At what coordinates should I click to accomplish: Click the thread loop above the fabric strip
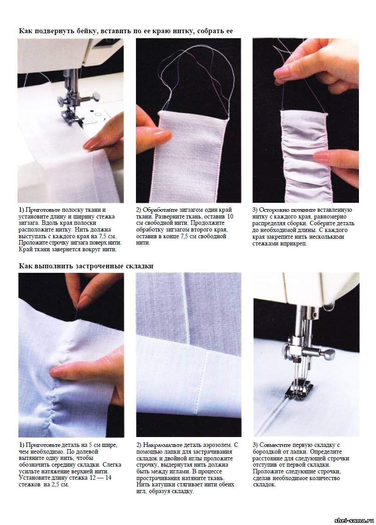coord(194,77)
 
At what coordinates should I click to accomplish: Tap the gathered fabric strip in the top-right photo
coord(304,156)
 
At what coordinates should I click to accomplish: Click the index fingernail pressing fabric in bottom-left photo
coord(57,371)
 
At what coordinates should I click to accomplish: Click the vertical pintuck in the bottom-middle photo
coord(185,308)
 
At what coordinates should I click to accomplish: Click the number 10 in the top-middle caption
coord(230,217)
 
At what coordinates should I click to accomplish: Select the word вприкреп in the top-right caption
coord(293,244)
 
